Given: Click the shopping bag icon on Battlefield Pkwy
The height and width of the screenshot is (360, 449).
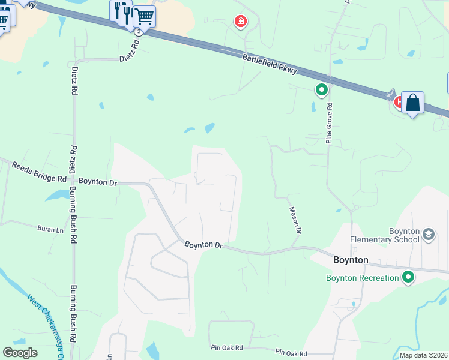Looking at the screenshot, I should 413,103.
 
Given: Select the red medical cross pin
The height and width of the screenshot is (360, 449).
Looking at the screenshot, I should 240,22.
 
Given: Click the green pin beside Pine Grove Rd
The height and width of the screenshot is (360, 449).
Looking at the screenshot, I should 322,91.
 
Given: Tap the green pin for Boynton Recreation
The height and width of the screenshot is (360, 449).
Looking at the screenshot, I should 409,277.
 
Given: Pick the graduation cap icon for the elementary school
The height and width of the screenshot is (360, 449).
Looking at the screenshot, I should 429,234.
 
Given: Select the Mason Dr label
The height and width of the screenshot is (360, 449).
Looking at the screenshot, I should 295,220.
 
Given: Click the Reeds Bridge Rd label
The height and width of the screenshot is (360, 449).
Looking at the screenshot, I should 39,175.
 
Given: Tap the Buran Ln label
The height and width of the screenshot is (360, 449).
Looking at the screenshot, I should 50,229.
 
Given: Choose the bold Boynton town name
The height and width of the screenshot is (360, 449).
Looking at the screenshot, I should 351,261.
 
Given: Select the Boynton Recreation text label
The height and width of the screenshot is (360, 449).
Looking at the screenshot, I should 362,278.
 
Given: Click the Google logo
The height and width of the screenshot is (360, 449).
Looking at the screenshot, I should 20,353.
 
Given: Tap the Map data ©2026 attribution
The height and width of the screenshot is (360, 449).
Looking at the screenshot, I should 423,355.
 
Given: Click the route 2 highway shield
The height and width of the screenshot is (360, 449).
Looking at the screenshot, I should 139,31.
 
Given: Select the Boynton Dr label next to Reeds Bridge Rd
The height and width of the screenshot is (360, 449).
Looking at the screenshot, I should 96,181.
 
